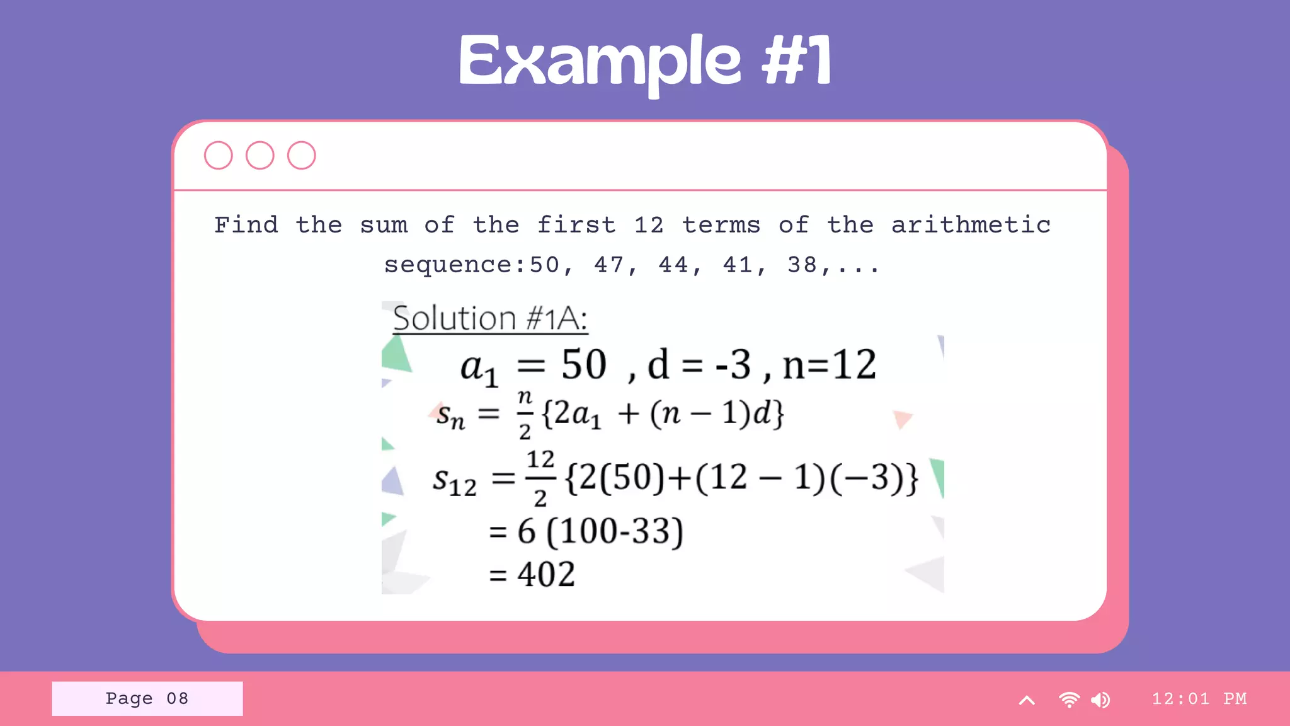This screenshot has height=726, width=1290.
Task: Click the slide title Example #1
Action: point(645,62)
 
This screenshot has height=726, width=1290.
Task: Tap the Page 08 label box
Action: point(147,698)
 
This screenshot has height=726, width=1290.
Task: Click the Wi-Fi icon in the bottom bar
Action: point(1069,700)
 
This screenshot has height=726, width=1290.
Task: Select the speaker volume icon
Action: point(1100,700)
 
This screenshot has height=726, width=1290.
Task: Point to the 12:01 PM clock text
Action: point(1199,698)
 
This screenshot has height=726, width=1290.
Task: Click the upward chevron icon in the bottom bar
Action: point(1027,700)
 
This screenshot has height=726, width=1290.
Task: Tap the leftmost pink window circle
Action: point(219,155)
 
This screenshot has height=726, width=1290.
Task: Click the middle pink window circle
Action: point(260,155)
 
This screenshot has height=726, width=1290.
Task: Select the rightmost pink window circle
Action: point(302,155)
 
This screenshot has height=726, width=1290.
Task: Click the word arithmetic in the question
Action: point(971,225)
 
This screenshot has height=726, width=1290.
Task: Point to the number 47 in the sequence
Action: point(609,265)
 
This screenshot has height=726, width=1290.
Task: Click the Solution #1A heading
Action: point(490,318)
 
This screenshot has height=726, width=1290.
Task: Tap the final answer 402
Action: point(545,574)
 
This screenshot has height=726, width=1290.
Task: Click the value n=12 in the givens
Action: point(829,365)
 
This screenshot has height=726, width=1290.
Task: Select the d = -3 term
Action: point(699,365)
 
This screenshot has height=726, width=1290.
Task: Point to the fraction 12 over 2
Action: point(540,478)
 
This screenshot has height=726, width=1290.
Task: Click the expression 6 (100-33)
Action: point(600,531)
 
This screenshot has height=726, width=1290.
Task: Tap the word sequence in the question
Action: point(449,265)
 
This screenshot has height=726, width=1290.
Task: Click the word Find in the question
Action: point(246,225)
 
